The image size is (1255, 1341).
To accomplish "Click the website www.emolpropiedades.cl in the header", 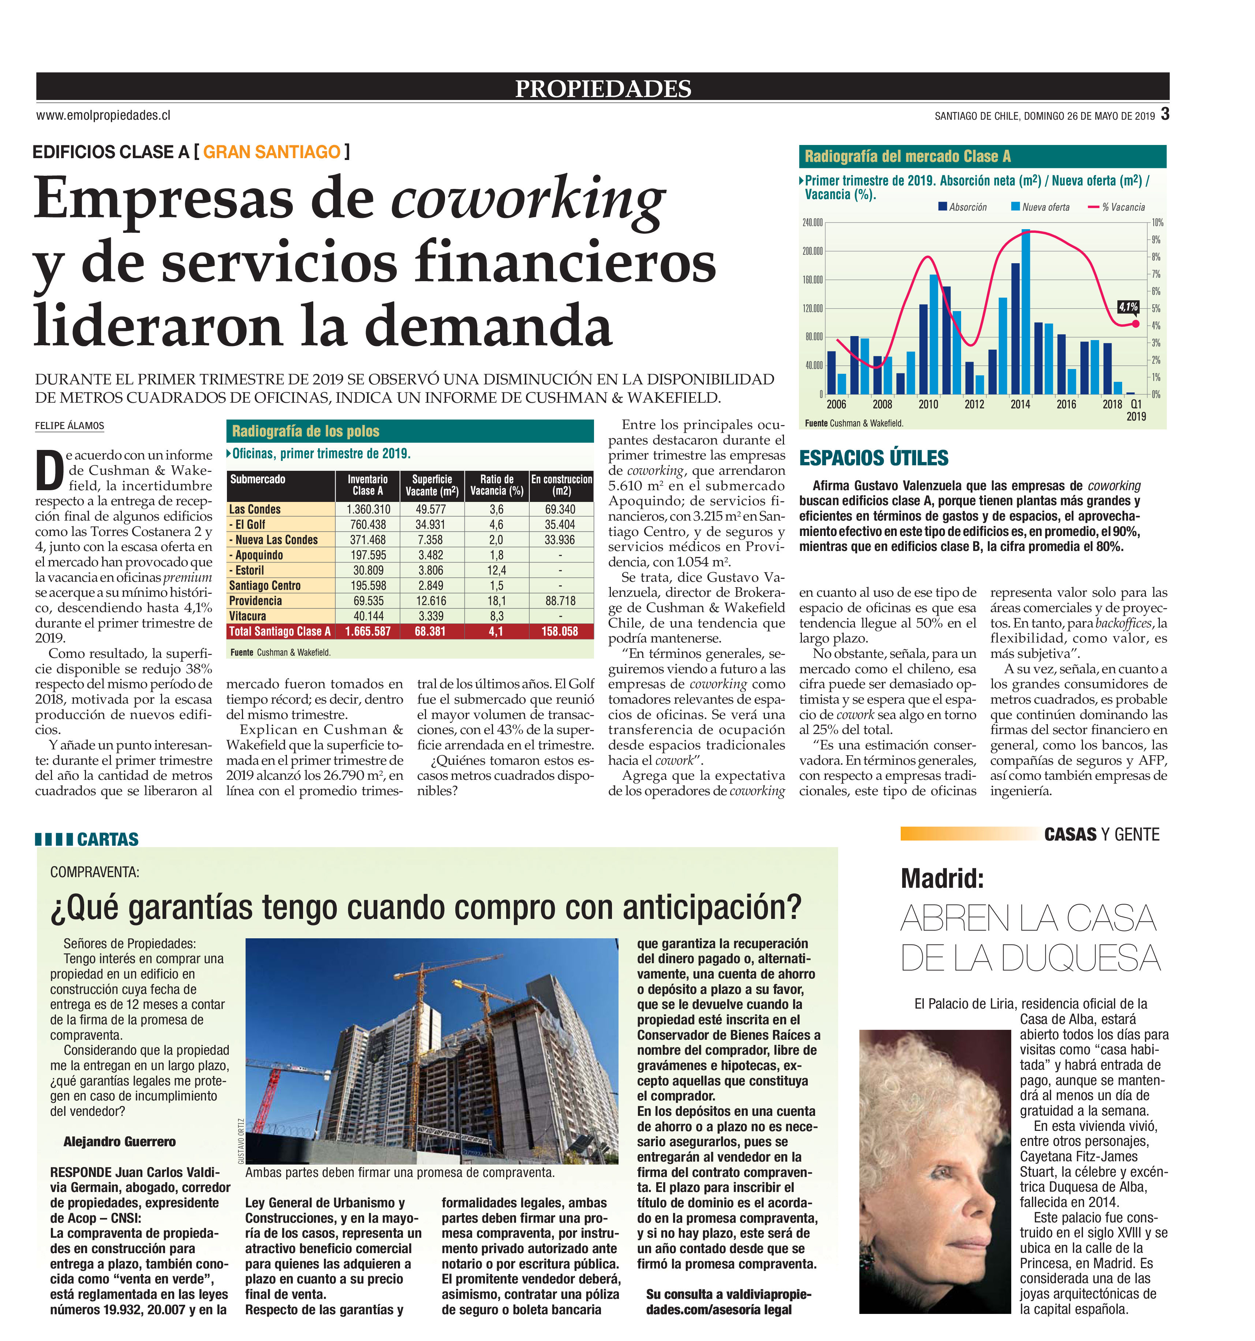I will tap(103, 115).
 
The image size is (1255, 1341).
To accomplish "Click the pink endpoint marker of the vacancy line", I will tap(1136, 324).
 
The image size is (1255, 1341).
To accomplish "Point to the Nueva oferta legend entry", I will tap(1040, 207).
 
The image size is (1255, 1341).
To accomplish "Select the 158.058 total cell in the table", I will tap(560, 632).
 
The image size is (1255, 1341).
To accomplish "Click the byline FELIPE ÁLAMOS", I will tap(70, 426).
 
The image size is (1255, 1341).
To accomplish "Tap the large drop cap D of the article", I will tap(49, 471).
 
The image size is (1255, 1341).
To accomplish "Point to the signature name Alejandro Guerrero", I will tap(119, 1141).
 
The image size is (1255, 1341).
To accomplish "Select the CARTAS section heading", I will tap(107, 839).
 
